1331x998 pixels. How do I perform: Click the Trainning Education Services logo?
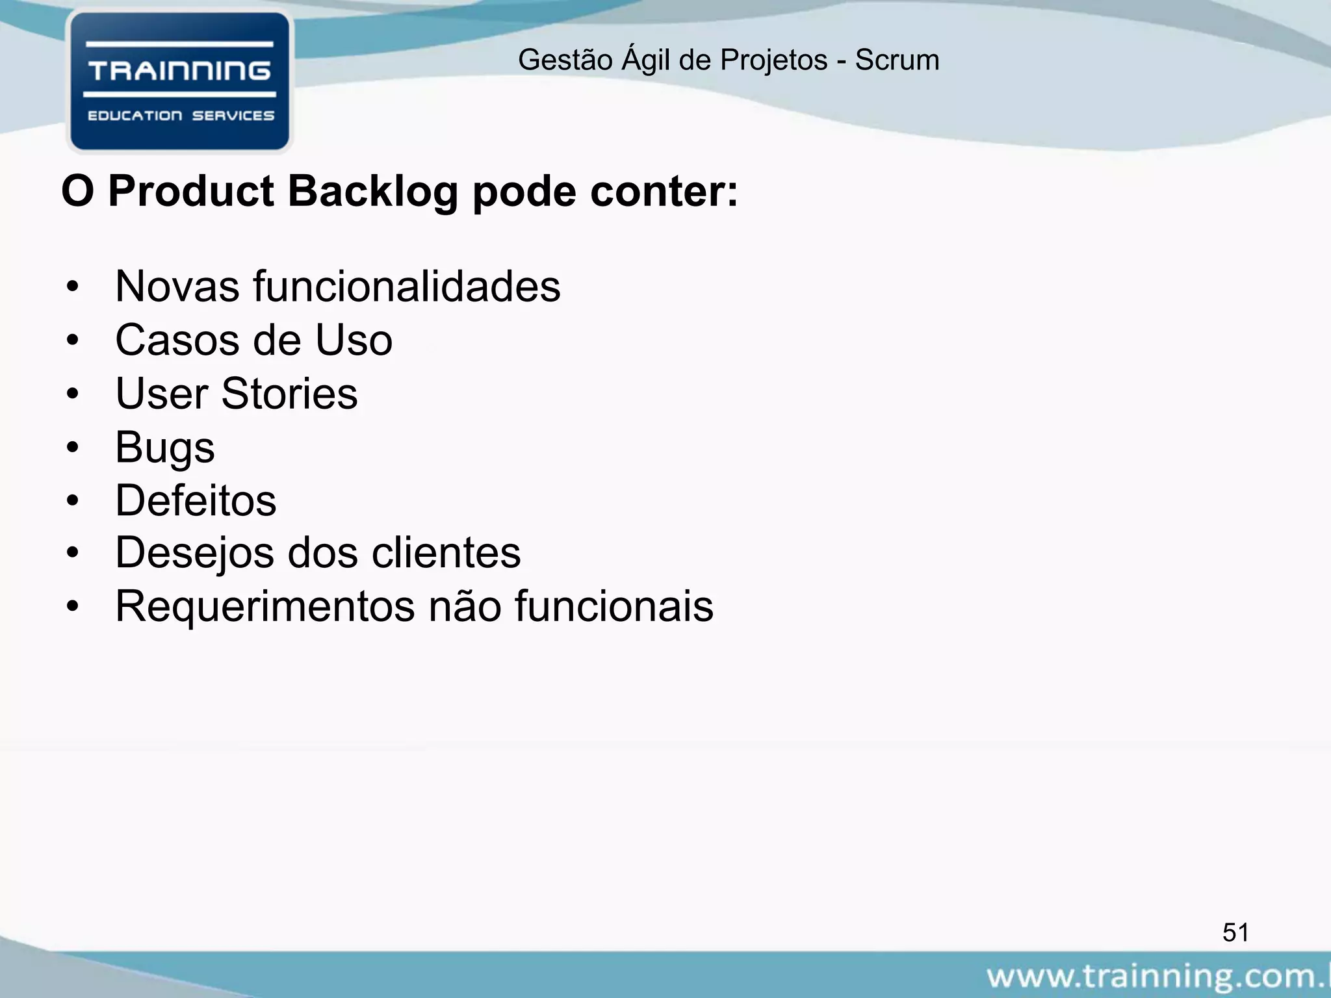click(179, 82)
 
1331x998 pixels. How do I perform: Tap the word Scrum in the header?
click(897, 60)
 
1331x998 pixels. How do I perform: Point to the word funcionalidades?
click(406, 287)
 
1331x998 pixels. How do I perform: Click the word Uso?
click(354, 340)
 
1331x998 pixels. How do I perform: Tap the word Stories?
click(289, 394)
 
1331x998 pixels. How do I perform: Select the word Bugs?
click(164, 448)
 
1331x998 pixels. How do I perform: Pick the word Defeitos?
click(196, 501)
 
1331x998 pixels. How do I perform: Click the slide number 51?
click(1235, 932)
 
